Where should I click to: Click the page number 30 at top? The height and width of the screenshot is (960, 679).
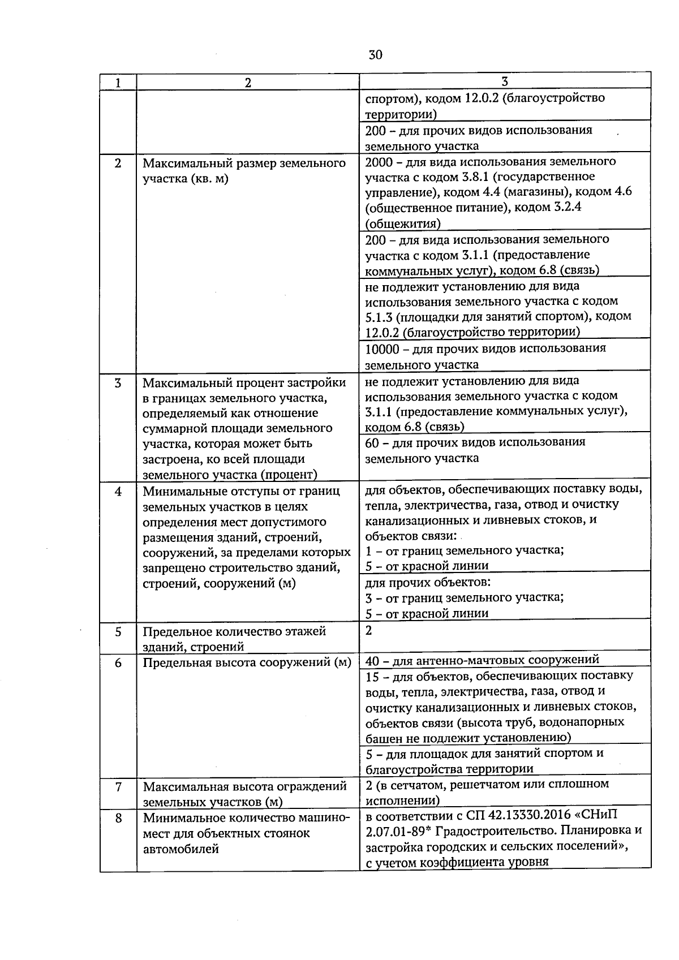[x=375, y=54]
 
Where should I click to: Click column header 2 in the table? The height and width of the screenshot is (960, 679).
[x=248, y=82]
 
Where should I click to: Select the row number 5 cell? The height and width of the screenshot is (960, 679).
[x=118, y=632]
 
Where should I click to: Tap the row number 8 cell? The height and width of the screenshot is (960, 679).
[x=118, y=817]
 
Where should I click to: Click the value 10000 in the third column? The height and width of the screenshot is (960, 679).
[x=382, y=348]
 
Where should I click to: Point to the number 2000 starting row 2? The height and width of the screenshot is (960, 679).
[x=379, y=162]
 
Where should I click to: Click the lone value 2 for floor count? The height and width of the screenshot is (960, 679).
[x=369, y=630]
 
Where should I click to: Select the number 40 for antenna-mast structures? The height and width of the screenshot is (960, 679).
[x=372, y=660]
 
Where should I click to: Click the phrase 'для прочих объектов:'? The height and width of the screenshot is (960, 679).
[x=427, y=582]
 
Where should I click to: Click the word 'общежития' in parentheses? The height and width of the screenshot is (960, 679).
[x=402, y=223]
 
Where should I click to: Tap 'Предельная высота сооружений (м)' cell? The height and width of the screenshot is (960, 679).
[x=247, y=662]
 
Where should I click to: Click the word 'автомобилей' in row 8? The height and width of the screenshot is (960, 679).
[x=181, y=849]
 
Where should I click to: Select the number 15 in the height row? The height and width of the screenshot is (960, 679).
[x=372, y=676]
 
